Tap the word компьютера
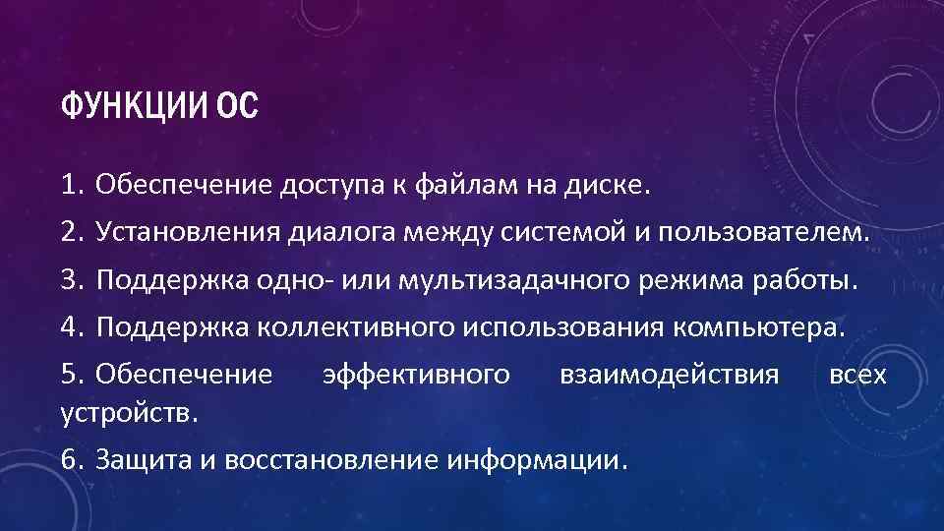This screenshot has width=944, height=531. [x=757, y=326]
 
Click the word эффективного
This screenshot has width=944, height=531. [x=417, y=374]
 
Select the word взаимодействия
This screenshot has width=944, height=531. [x=668, y=374]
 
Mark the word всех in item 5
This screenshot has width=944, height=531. [x=857, y=374]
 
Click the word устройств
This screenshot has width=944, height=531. [x=129, y=410]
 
